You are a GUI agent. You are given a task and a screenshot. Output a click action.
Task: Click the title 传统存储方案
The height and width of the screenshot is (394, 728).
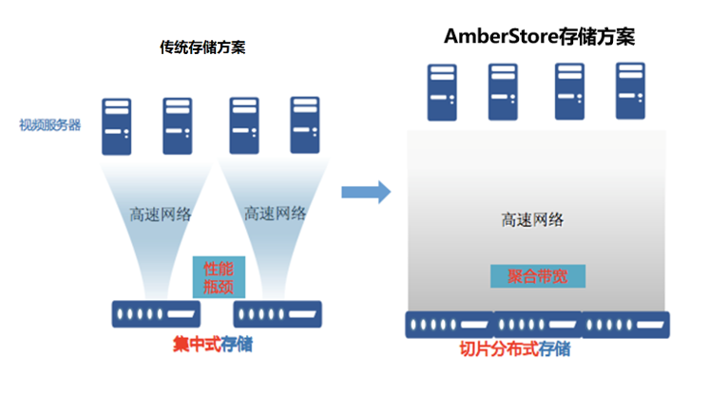point(202,47)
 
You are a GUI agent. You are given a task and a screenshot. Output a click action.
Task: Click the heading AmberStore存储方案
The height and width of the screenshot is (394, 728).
point(540,36)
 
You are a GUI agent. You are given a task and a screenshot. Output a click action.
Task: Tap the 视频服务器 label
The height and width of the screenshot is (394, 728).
point(49,124)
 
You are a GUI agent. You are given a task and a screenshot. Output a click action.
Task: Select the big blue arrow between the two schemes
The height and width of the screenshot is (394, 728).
point(366,191)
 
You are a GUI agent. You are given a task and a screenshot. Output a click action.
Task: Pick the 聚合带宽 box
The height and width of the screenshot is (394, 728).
point(537,276)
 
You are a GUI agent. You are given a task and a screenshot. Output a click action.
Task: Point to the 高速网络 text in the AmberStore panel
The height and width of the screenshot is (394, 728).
point(532,219)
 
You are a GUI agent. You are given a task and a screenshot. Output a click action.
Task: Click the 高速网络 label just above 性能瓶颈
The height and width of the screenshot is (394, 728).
point(275,214)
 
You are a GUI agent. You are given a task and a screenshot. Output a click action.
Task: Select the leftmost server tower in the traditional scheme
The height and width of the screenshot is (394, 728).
point(118,125)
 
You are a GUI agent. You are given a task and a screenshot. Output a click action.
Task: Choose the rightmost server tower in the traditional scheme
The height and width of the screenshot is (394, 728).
point(303,124)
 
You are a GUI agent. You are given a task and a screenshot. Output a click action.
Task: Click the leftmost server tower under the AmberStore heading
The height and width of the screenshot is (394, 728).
point(441,91)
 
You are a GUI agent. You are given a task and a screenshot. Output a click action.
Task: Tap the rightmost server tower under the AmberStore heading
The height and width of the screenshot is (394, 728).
point(630,91)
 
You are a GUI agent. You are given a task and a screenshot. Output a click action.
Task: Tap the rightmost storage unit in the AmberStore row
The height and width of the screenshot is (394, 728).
point(624,324)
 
